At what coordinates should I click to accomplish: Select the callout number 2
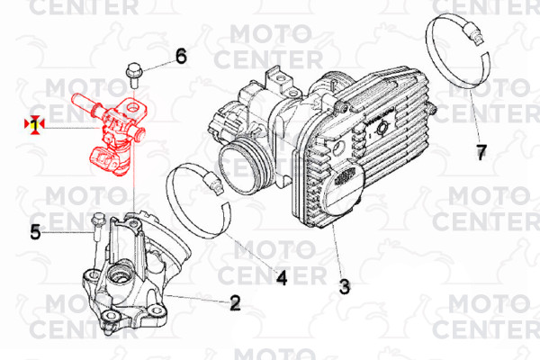(235, 303)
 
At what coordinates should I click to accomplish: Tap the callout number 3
(345, 286)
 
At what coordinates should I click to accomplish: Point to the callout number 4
(282, 278)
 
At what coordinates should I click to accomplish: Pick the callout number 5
(35, 232)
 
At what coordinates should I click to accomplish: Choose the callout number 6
(181, 56)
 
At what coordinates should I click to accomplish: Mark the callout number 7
(481, 152)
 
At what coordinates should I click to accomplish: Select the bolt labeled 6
(132, 75)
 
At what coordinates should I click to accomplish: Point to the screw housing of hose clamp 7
(472, 31)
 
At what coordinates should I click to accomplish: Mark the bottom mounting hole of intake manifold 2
(110, 314)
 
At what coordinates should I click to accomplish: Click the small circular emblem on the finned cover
(382, 130)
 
